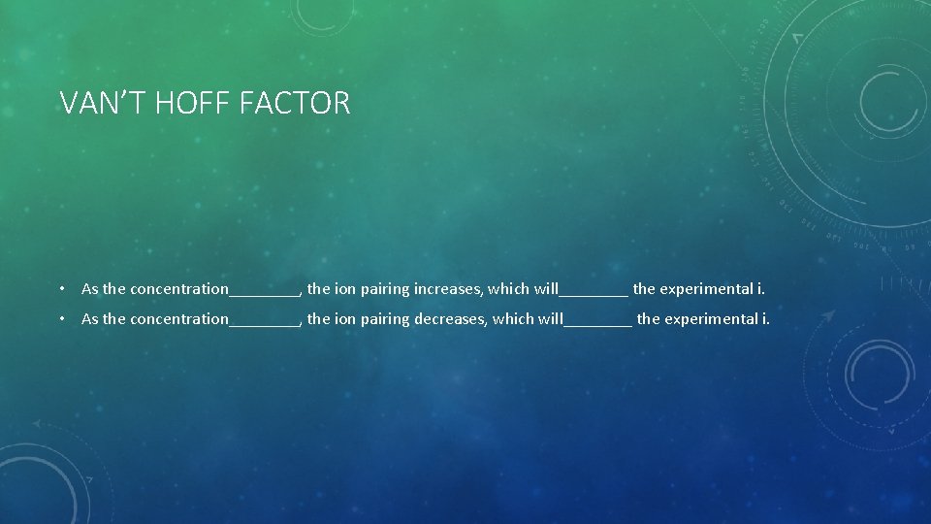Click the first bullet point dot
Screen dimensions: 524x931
(61, 288)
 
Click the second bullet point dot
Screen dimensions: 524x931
(61, 318)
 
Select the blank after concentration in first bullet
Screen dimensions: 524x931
(265, 291)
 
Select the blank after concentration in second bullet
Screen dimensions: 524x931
(265, 321)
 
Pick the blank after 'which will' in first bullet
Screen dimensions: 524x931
(594, 291)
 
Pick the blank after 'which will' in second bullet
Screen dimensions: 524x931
(598, 321)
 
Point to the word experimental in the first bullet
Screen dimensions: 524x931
(707, 288)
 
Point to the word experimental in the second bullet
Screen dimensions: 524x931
(711, 318)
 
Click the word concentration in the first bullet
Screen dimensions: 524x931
(179, 288)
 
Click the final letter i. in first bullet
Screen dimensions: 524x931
(761, 288)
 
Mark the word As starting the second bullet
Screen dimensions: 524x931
(90, 318)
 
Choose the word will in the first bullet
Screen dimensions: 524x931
(546, 288)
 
